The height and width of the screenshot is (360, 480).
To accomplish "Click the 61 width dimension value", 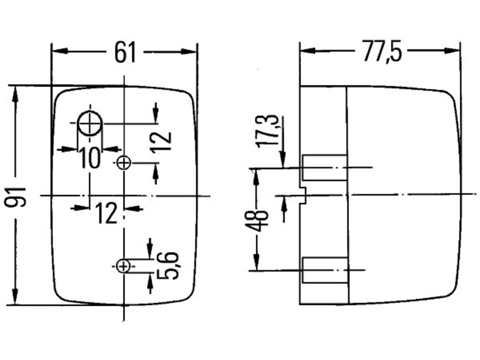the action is tap(125, 52).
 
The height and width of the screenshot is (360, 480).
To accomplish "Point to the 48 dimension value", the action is tap(256, 220).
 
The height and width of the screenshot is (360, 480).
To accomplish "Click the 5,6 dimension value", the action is tap(168, 265).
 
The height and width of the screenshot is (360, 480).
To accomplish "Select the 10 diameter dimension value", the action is tap(90, 157).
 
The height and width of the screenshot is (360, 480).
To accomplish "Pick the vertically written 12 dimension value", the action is tap(161, 143).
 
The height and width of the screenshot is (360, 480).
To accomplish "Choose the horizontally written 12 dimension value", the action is tap(106, 213).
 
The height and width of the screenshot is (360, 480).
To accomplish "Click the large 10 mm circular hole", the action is tap(90, 123).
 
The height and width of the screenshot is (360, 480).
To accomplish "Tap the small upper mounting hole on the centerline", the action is tap(124, 163).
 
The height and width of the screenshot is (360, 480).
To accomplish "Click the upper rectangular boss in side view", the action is tap(324, 168).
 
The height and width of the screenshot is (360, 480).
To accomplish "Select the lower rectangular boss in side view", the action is tap(325, 270).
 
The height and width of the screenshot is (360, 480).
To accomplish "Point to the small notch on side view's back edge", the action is tap(303, 195).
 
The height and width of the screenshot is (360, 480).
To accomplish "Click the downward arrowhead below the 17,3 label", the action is tap(283, 160).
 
